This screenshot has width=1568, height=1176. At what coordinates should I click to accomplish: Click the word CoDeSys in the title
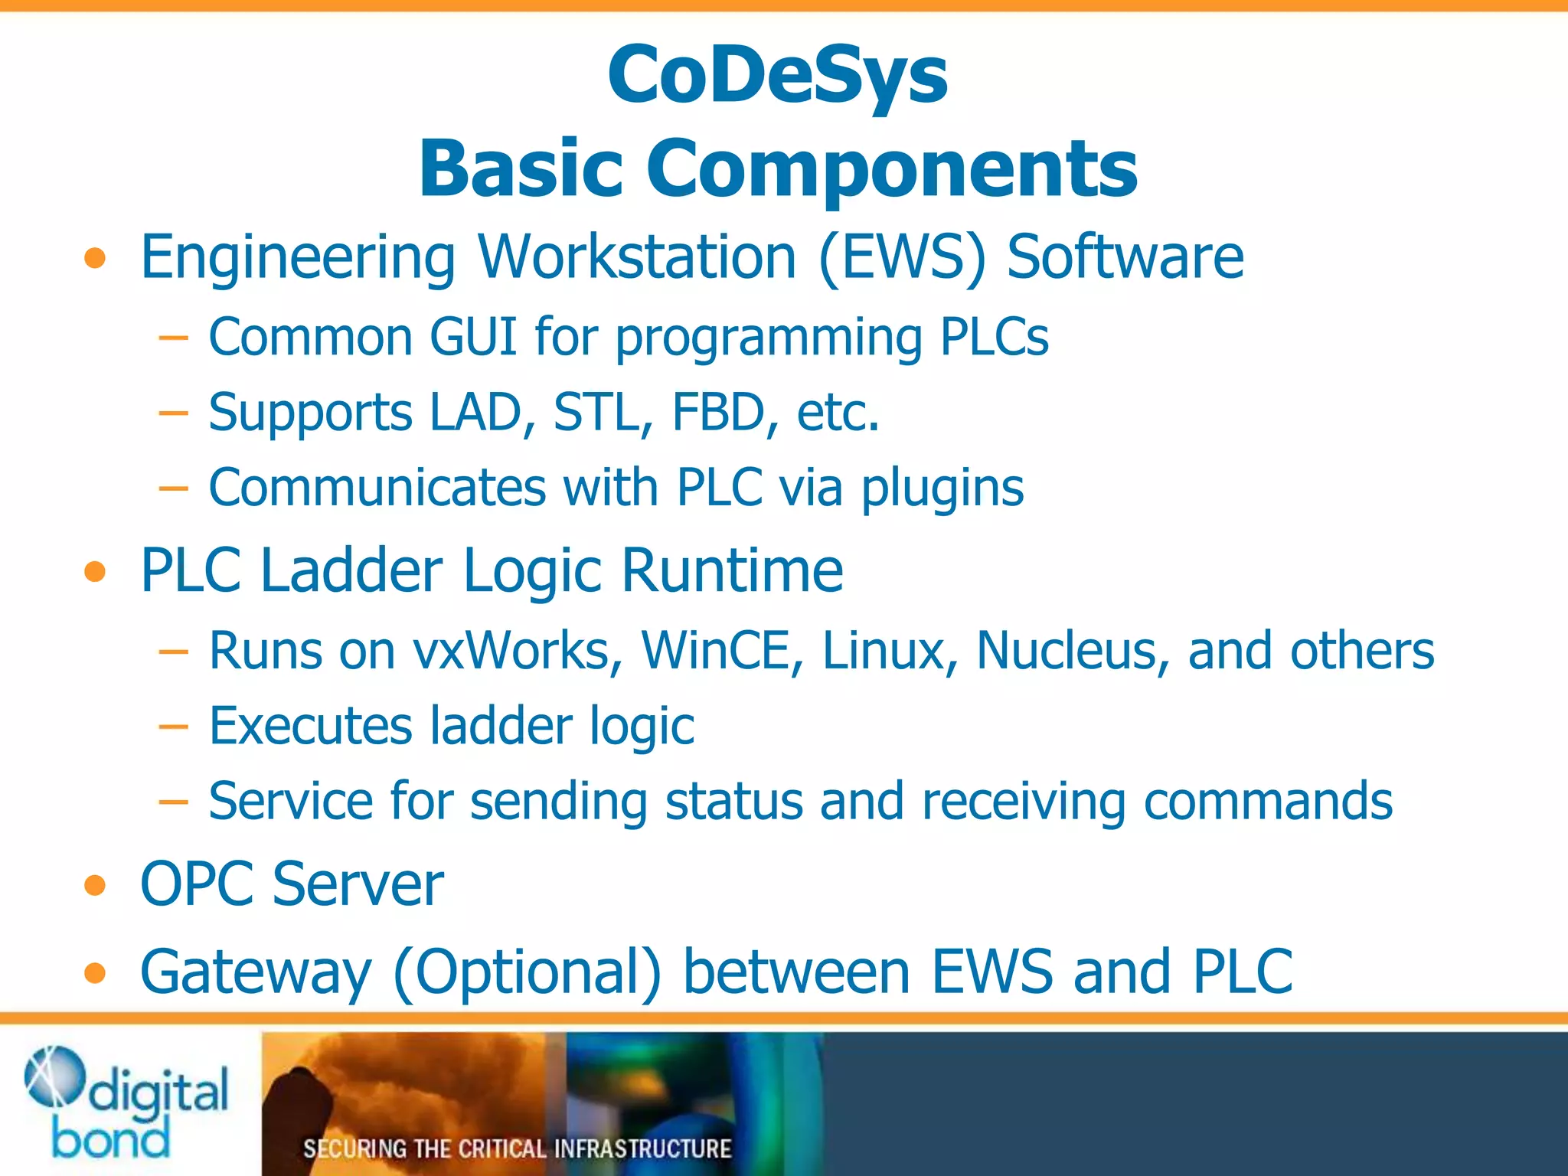pos(777,75)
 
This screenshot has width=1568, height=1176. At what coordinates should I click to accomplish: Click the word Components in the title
pos(892,168)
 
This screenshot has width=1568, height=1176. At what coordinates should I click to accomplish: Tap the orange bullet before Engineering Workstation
pos(95,258)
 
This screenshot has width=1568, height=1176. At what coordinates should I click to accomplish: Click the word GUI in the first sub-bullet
pos(473,336)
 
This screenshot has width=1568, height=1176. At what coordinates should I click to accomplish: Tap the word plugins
pos(942,488)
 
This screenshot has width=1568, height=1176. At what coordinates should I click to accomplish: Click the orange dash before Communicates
pos(173,488)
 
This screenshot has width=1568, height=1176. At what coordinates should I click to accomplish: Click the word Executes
pos(310,725)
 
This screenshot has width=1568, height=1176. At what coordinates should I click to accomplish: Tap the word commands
pos(1268,801)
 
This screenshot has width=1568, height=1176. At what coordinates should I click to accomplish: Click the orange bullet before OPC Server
pos(95,886)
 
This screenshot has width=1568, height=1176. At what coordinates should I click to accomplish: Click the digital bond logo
pos(126,1102)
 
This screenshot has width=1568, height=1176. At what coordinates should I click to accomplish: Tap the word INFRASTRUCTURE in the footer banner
pos(642,1148)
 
